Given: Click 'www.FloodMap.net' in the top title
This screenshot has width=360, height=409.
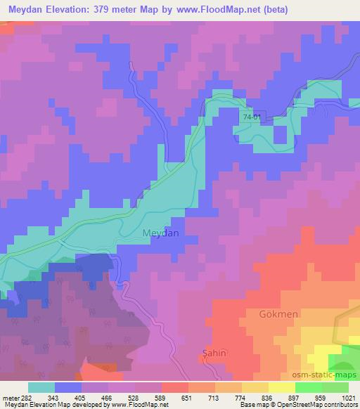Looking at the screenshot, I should (x=213, y=10).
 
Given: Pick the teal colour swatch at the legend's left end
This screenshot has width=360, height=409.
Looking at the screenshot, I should (x=41, y=387).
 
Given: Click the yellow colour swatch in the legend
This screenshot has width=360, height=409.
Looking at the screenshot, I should (x=281, y=387).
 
